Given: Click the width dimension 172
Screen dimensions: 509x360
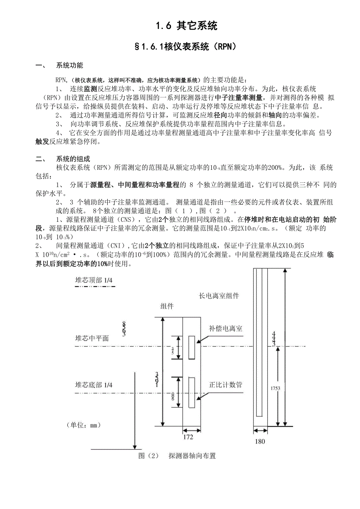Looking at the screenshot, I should [188, 436].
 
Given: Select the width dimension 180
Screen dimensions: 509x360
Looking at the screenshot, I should [260, 442].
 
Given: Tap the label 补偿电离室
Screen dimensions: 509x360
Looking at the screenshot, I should [226, 329].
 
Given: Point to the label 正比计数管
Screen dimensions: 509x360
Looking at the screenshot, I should [226, 385].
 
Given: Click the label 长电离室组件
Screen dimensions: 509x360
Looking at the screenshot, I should [219, 296].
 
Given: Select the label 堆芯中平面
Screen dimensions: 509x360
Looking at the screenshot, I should [92, 338].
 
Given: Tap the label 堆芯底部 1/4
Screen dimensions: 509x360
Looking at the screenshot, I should [94, 385].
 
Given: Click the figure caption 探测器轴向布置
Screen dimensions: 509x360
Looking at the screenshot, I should [192, 456].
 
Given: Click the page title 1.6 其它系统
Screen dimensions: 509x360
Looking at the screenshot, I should [186, 26].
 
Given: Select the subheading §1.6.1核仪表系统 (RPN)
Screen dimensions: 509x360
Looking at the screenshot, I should [186, 47].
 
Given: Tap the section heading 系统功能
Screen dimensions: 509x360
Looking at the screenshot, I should [70, 65].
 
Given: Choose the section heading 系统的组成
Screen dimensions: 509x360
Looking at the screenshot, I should [73, 159].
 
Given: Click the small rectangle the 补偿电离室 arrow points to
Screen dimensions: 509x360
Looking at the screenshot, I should [192, 347].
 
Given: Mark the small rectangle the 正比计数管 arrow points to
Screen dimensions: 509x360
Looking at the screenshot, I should [192, 392].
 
